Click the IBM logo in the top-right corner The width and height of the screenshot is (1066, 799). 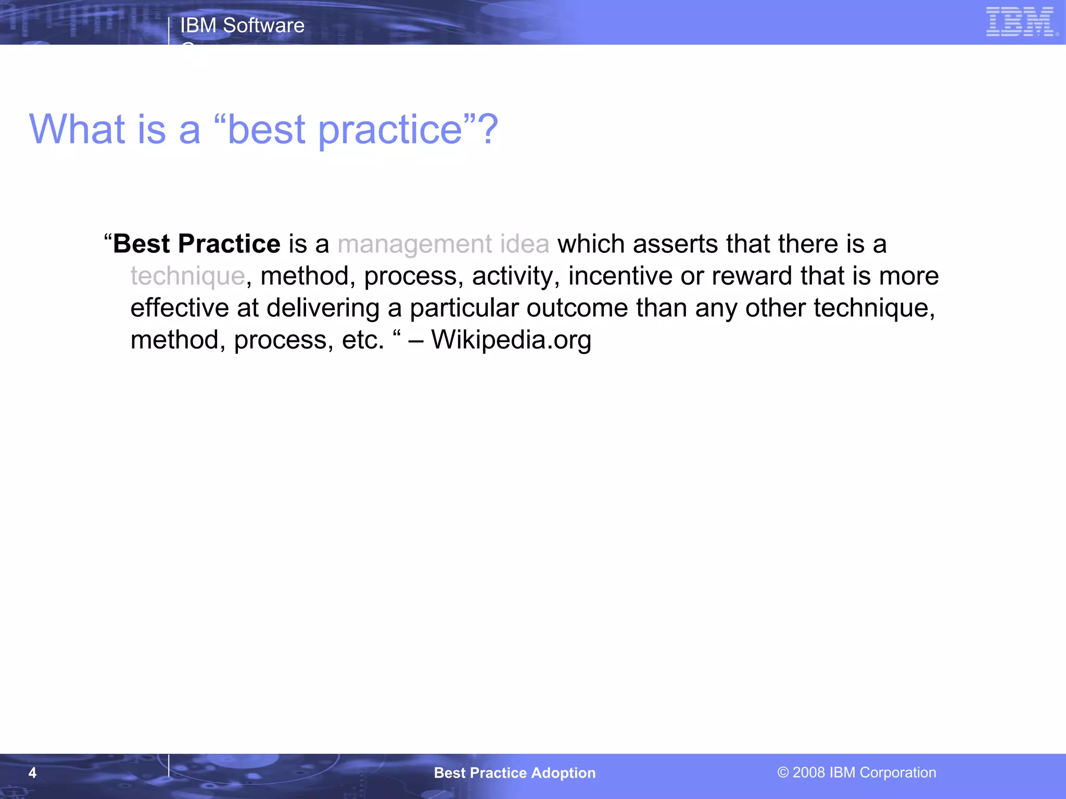coord(1020,22)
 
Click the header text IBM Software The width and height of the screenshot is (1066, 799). coord(242,25)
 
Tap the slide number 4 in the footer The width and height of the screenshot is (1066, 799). coord(32,772)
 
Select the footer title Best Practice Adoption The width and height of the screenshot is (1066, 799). coord(515,772)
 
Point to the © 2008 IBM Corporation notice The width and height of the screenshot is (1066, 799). coord(857,772)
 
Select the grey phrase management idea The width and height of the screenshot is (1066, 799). coord(443,244)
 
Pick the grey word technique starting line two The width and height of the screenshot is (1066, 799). coord(187,276)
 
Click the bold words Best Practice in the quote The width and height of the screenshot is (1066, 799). coord(197,244)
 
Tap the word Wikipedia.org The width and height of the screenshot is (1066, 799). coord(511,340)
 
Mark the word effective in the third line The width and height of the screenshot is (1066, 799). coord(179,308)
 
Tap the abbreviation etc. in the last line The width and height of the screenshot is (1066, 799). coord(363,340)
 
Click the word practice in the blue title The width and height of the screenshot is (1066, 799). coord(390,130)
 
